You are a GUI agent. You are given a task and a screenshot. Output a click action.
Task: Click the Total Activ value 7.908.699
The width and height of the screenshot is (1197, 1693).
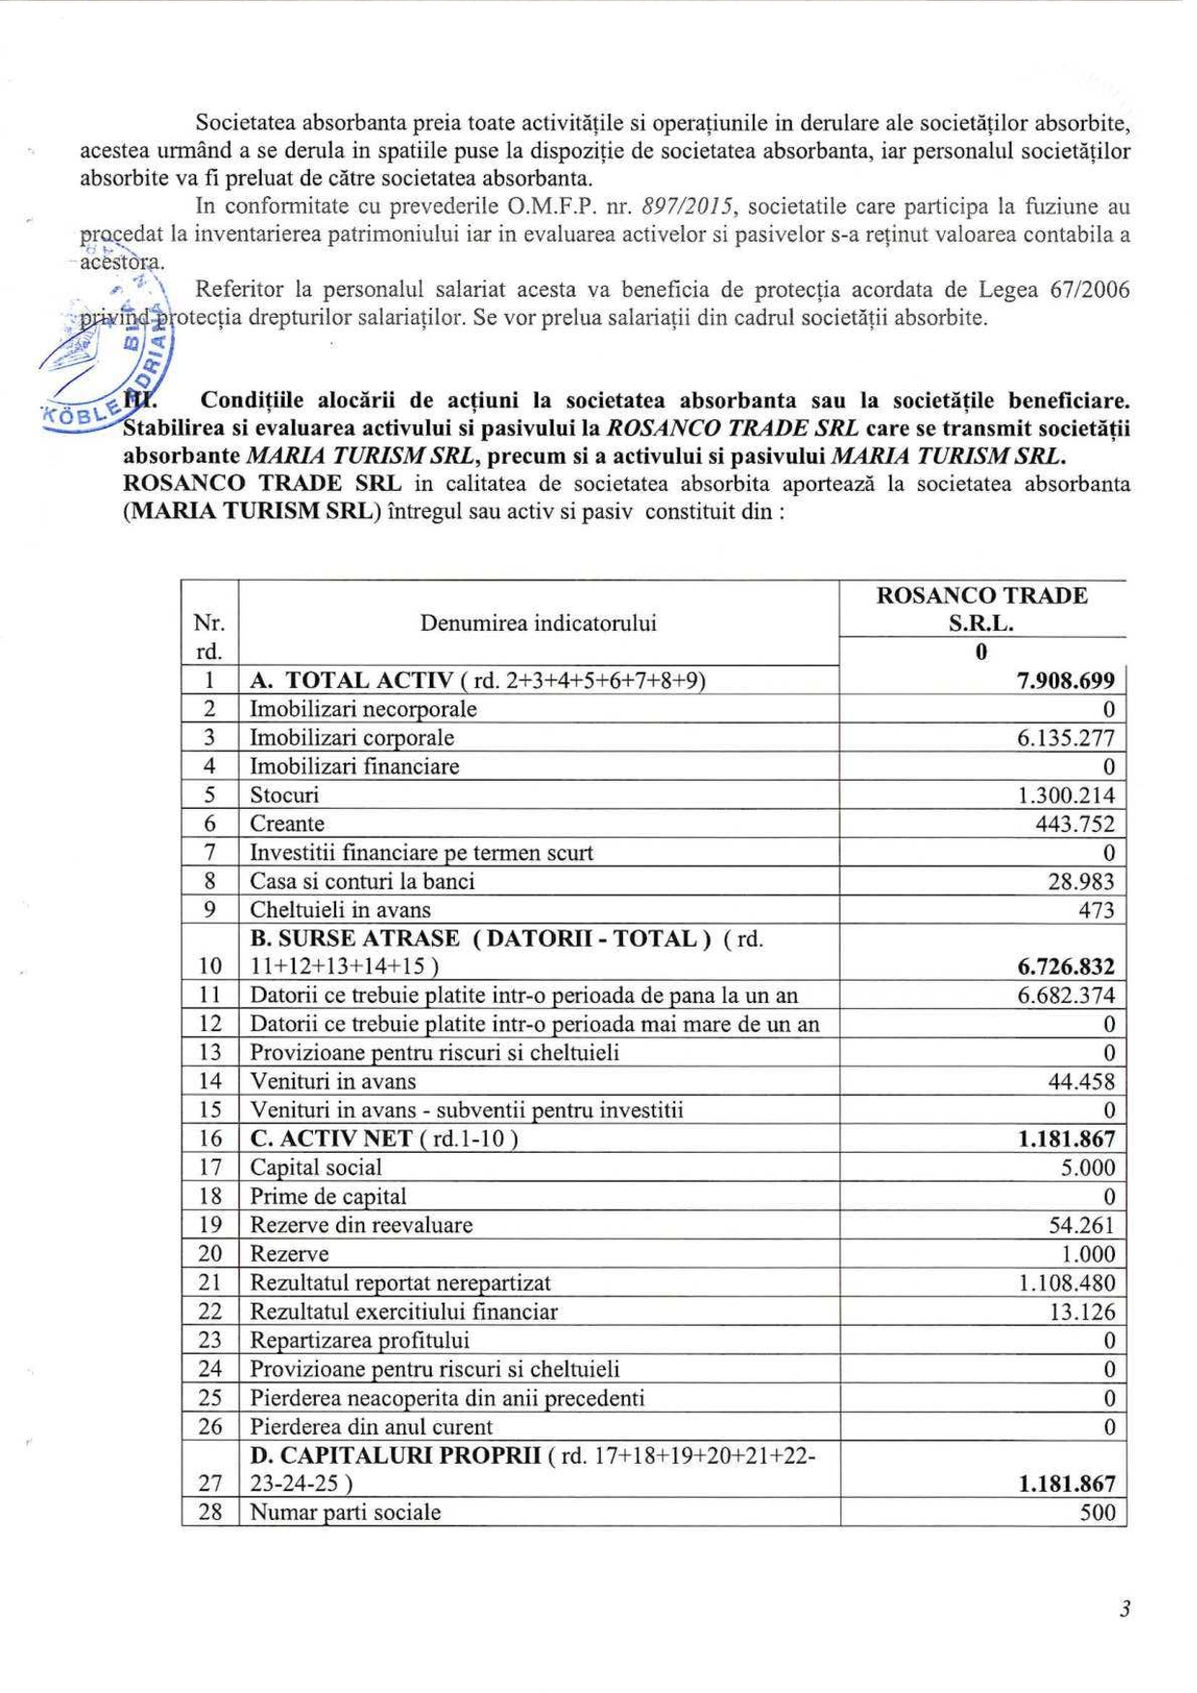1066,680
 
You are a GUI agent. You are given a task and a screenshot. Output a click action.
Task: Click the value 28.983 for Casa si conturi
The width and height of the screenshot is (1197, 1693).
1081,881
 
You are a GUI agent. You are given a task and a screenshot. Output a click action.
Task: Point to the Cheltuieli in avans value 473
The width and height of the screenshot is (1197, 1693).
1097,910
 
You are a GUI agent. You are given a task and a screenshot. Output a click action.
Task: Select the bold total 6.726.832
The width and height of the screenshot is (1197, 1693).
1066,966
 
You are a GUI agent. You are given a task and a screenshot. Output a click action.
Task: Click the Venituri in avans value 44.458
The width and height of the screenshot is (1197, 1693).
1081,1081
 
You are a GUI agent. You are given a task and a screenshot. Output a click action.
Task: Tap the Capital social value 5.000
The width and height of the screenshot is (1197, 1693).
1088,1167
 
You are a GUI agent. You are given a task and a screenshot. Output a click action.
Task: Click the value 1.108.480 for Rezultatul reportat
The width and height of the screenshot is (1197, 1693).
1067,1283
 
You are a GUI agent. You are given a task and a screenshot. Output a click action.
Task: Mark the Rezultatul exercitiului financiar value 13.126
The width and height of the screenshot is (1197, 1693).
1082,1312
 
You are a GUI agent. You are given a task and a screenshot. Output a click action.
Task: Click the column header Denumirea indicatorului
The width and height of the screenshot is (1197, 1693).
538,623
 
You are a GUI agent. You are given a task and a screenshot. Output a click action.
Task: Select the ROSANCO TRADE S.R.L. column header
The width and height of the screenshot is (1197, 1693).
982,609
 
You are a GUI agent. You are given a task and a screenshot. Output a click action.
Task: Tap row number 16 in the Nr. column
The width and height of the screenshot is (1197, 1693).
211,1139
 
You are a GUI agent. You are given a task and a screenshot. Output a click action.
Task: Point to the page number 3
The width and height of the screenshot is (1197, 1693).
1125,1609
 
